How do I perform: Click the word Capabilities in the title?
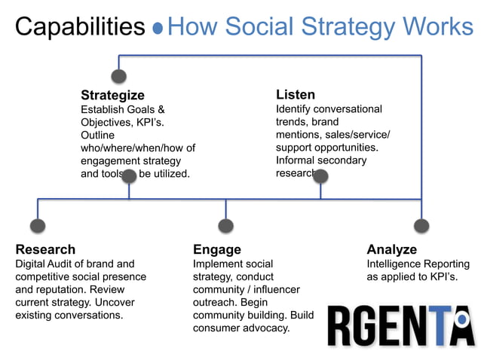pos(80,27)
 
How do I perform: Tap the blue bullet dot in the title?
pos(158,29)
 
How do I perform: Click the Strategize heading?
pos(112,95)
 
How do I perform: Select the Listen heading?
pos(296,95)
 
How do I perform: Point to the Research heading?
pos(45,249)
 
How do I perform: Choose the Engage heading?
pos(217,249)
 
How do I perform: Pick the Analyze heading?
pos(392,249)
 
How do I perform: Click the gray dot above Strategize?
pos(118,76)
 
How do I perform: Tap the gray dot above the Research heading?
pos(38,225)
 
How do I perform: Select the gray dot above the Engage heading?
pos(225,225)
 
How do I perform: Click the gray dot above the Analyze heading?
pos(421,225)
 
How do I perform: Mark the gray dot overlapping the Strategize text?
pos(129,176)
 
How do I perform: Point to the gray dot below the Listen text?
pos(320,176)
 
